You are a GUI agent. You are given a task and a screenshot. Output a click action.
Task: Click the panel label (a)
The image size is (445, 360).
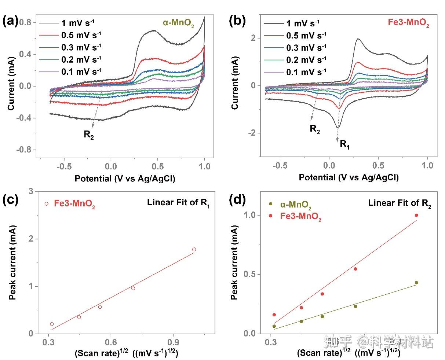pyautogui.click(x=10, y=21)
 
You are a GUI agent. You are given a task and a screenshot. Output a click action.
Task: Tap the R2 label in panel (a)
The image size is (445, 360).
pyautogui.click(x=89, y=135)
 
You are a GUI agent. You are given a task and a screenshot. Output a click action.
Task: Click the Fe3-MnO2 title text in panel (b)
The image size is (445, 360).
pyautogui.click(x=408, y=23)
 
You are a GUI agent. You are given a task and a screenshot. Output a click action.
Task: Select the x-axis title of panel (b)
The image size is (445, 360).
pyautogui.click(x=348, y=178)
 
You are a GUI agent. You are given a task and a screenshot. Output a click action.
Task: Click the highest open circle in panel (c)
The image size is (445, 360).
pyautogui.click(x=194, y=249)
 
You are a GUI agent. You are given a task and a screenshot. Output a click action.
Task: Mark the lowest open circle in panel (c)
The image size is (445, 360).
pyautogui.click(x=52, y=324)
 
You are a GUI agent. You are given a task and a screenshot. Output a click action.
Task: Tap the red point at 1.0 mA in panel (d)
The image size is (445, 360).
pyautogui.click(x=416, y=215)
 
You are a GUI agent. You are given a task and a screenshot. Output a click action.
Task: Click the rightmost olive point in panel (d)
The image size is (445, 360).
pyautogui.click(x=416, y=283)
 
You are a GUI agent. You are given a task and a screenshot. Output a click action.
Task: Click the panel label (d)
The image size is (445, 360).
pyautogui.click(x=235, y=201)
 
